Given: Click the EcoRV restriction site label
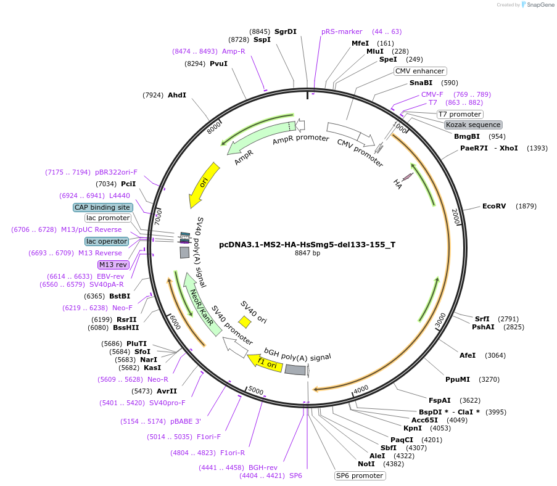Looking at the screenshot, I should click(493, 206).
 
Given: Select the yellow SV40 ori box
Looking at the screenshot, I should click(245, 322).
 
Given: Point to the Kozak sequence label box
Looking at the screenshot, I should click(473, 125).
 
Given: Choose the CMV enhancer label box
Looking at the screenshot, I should click(420, 71).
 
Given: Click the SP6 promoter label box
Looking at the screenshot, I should click(360, 476).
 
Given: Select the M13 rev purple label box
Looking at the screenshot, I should click(113, 265).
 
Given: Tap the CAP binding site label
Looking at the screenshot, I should click(102, 207).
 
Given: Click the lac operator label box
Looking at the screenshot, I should click(107, 241).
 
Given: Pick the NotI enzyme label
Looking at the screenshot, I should click(366, 464).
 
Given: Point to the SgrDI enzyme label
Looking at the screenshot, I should click(286, 31).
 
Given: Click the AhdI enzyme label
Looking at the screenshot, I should click(176, 95).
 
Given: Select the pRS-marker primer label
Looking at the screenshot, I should click(342, 31).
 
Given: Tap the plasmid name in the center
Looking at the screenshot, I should click(307, 244).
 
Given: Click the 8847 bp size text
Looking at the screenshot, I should click(307, 253).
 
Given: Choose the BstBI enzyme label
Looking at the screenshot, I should click(120, 296).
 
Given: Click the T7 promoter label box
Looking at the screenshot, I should click(460, 114).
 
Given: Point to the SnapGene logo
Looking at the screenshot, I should click(535, 5).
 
